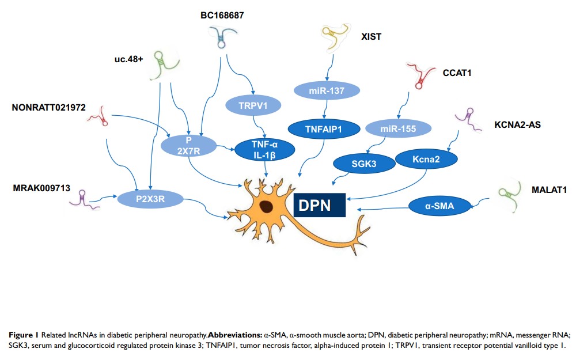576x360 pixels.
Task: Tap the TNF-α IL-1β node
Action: [x=266, y=150]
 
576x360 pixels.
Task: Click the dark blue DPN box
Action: [x=319, y=204]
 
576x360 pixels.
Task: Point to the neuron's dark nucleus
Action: [x=267, y=206]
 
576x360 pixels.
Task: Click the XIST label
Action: [x=372, y=37]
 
